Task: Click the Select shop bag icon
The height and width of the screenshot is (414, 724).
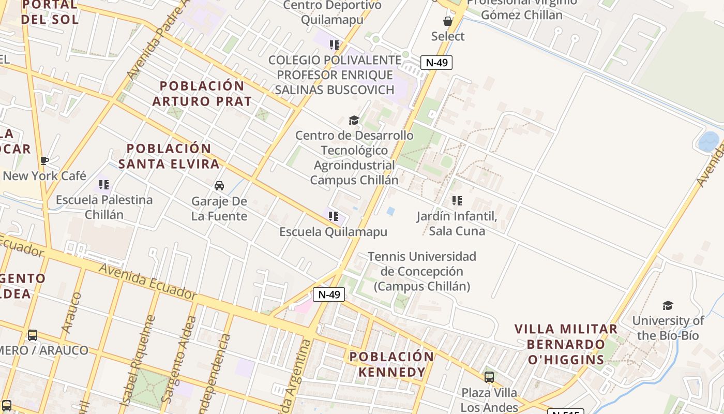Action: click(448, 21)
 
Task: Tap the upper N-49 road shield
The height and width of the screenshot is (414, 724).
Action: click(436, 63)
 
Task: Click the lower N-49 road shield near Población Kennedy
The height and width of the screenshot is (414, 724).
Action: click(328, 294)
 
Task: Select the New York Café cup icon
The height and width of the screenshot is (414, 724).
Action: click(44, 161)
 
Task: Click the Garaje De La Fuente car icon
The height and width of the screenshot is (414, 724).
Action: click(219, 186)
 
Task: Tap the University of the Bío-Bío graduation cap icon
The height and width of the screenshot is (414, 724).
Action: click(668, 305)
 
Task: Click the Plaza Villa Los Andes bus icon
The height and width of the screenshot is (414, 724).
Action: click(489, 377)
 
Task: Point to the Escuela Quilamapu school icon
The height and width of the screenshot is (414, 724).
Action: click(334, 216)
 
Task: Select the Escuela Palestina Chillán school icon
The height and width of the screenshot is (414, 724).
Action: click(104, 184)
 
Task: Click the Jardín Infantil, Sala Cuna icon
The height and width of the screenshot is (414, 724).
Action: click(457, 200)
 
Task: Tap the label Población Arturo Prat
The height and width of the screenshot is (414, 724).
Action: click(202, 94)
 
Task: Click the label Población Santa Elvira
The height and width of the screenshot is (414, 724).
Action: click(169, 156)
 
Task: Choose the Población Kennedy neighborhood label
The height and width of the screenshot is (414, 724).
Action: click(391, 364)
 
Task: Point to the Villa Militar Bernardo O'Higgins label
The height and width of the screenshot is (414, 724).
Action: click(566, 344)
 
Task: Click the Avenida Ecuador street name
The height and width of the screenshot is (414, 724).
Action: click(147, 281)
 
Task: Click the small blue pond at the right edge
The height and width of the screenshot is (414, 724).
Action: click(708, 141)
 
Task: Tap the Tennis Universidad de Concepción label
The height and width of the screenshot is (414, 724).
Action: click(421, 271)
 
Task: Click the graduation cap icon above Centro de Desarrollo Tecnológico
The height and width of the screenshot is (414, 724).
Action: click(354, 121)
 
